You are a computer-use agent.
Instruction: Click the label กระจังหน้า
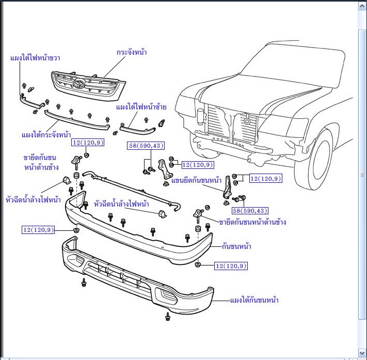click(x=132, y=52)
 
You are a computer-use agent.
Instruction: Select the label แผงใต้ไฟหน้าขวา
click(x=35, y=57)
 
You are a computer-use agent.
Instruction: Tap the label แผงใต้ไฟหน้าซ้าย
click(x=141, y=107)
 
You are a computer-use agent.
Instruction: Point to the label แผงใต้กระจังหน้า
click(x=46, y=134)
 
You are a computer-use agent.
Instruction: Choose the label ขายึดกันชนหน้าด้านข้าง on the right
click(x=252, y=222)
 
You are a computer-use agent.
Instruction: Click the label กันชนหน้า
click(x=236, y=246)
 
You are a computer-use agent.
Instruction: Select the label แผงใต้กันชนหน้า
click(x=254, y=300)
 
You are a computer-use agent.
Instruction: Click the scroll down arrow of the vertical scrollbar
click(x=362, y=353)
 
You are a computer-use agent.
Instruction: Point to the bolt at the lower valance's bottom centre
click(x=167, y=316)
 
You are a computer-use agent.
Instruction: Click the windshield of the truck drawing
click(x=289, y=67)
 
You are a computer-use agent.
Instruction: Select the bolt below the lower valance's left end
click(x=84, y=283)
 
